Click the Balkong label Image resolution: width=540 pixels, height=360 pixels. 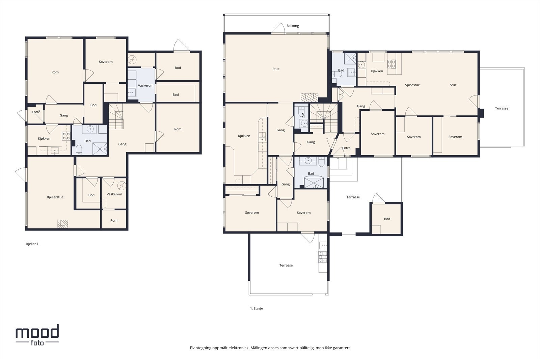tap(293, 26)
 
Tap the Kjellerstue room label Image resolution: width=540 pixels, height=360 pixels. tap(55, 197)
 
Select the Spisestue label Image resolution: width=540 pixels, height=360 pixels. tap(412, 85)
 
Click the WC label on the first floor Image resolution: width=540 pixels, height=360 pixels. tap(303, 115)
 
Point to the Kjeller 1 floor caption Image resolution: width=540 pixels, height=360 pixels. tap(32, 244)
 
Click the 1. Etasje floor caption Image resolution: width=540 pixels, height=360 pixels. tap(256, 308)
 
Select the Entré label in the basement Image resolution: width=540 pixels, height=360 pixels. tap(36, 112)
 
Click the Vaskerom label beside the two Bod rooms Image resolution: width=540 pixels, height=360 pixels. tap(145, 86)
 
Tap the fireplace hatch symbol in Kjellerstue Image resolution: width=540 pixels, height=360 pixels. tap(63, 224)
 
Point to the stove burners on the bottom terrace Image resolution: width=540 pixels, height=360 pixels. tap(323, 257)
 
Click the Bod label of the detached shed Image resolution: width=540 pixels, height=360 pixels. tap(387, 219)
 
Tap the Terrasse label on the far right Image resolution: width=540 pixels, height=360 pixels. tap(502, 108)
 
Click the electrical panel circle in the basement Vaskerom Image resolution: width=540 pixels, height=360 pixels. tap(122, 186)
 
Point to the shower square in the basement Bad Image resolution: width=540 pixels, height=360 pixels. tap(100, 149)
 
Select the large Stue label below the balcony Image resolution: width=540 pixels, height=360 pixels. tap(276, 69)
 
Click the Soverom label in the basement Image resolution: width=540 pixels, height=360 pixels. tap(106, 62)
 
